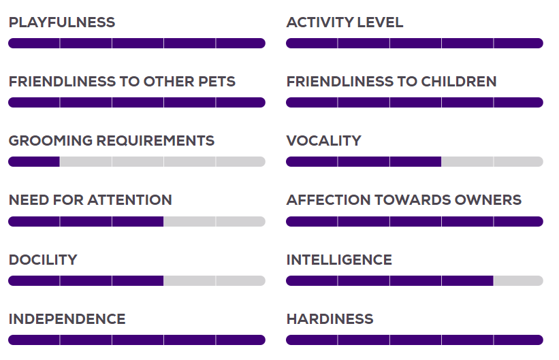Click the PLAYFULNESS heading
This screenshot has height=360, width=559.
[x=62, y=22]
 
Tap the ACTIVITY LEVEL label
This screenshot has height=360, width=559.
[x=345, y=22]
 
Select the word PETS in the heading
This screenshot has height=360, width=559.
[x=217, y=82]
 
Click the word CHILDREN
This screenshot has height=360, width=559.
[x=459, y=82]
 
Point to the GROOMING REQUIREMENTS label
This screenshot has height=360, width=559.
[x=112, y=141]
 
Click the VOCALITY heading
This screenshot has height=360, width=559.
[x=323, y=141]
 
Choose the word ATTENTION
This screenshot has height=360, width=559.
[x=130, y=200]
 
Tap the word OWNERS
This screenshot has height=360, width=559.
[x=488, y=200]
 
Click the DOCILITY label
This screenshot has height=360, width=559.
[x=43, y=260]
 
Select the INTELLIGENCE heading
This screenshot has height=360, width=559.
[x=339, y=260]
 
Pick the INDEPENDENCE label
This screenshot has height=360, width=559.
[x=67, y=319]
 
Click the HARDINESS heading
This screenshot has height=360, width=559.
[x=330, y=319]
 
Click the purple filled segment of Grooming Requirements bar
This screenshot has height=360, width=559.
[x=34, y=161]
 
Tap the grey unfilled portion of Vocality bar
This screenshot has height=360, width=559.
[x=492, y=161]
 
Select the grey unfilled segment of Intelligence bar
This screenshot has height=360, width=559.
[x=518, y=280]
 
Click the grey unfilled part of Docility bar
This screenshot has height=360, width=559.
[x=214, y=280]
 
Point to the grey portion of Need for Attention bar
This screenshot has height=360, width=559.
[x=214, y=221]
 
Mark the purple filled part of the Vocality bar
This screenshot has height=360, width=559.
[x=364, y=161]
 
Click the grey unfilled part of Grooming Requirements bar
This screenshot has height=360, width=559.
[x=163, y=161]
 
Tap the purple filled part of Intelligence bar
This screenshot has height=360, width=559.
[x=389, y=280]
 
